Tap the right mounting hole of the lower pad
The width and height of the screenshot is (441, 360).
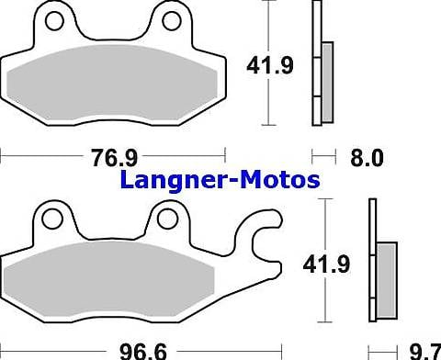[x=166, y=218]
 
